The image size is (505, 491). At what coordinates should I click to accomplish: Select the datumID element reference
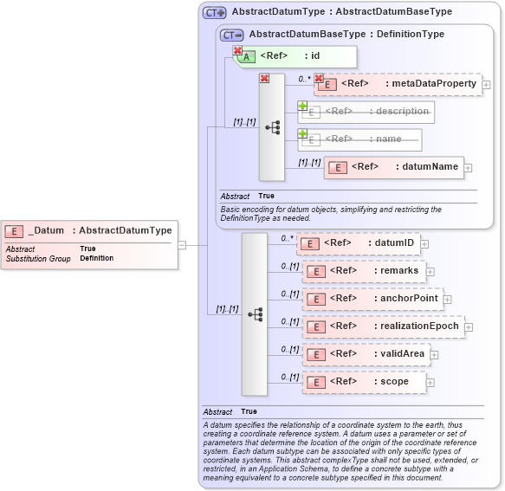click(359, 243)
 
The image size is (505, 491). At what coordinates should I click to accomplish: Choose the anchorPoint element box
click(371, 299)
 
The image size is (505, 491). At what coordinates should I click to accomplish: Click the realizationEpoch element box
click(382, 326)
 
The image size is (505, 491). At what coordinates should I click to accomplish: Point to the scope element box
click(363, 382)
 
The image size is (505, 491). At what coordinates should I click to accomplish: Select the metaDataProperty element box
click(398, 84)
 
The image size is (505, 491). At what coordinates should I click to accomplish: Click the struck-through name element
click(360, 139)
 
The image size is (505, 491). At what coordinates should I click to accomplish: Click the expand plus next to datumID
click(425, 244)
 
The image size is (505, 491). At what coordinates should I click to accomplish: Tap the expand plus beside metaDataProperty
click(486, 85)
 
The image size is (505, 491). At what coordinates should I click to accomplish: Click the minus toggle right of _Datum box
click(182, 245)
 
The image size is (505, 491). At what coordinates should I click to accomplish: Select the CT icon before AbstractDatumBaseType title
click(231, 35)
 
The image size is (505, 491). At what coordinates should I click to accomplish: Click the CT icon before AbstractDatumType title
click(214, 13)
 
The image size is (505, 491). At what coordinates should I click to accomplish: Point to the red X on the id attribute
click(237, 51)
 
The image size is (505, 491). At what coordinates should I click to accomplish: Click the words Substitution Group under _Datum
click(38, 259)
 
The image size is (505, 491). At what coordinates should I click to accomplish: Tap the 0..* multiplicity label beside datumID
click(288, 237)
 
